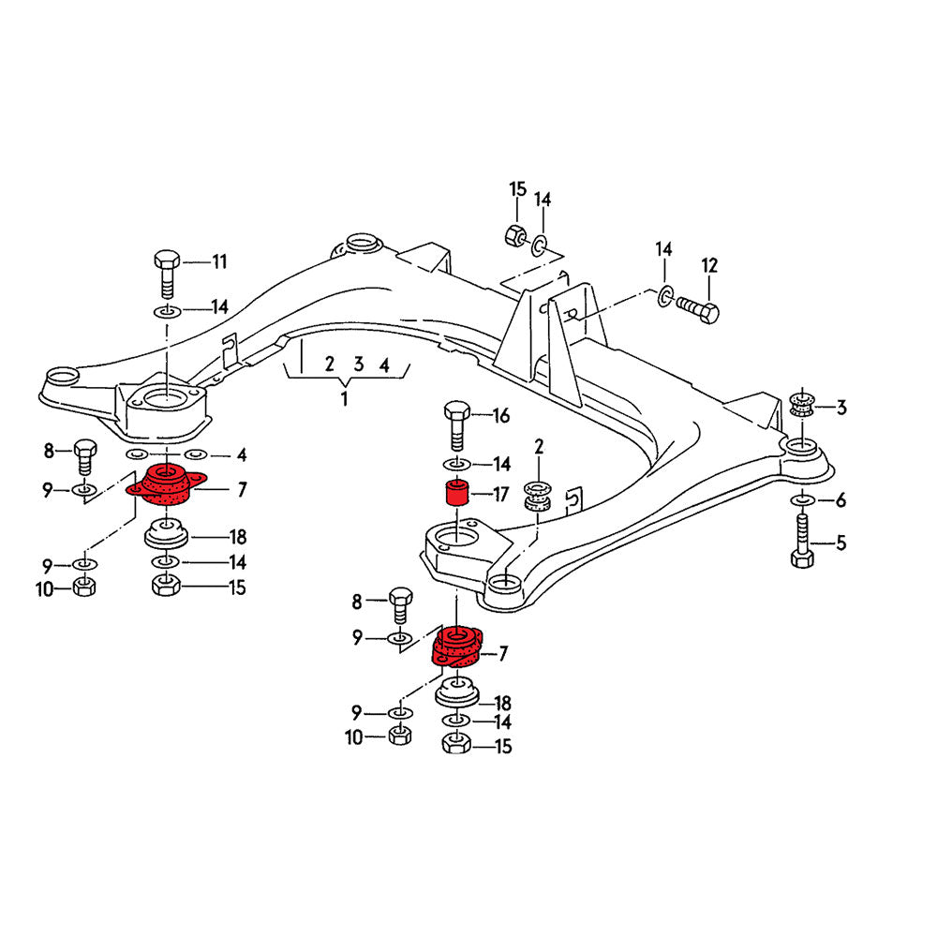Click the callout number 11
[x=218, y=262]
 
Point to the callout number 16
[x=501, y=415]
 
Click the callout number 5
[x=840, y=542]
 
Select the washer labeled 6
[x=801, y=500]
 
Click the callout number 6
[x=840, y=501]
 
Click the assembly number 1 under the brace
[x=344, y=398]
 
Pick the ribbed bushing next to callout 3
[x=799, y=405]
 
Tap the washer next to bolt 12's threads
[x=664, y=297]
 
